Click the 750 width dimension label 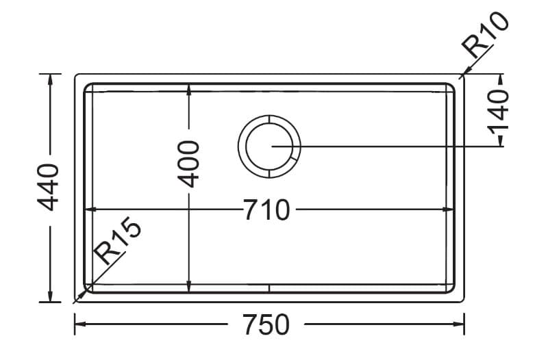pos(266,324)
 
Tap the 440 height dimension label pos(49,187)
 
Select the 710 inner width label pos(267,210)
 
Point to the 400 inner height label pos(188,164)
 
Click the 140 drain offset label pos(498,112)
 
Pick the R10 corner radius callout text pos(485,35)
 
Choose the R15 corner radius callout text pos(119,241)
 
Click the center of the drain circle pos(269,146)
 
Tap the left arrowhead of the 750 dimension pos(80,324)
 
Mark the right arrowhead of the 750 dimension pos(458,324)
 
